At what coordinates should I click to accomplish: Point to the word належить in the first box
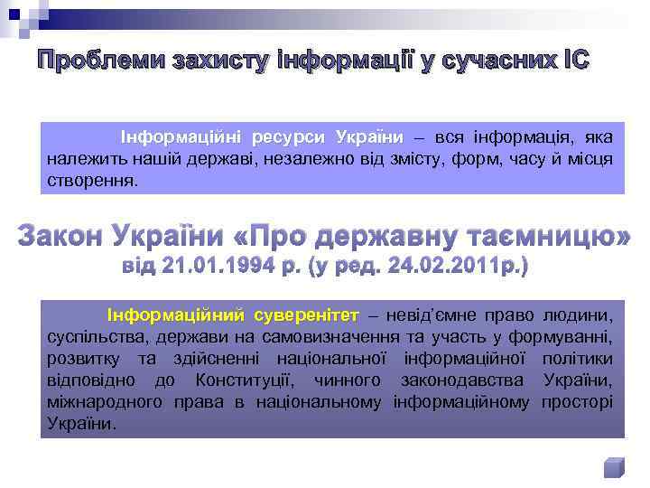click(79, 160)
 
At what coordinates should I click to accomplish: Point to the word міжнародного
click(99, 402)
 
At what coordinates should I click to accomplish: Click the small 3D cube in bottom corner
click(613, 467)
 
